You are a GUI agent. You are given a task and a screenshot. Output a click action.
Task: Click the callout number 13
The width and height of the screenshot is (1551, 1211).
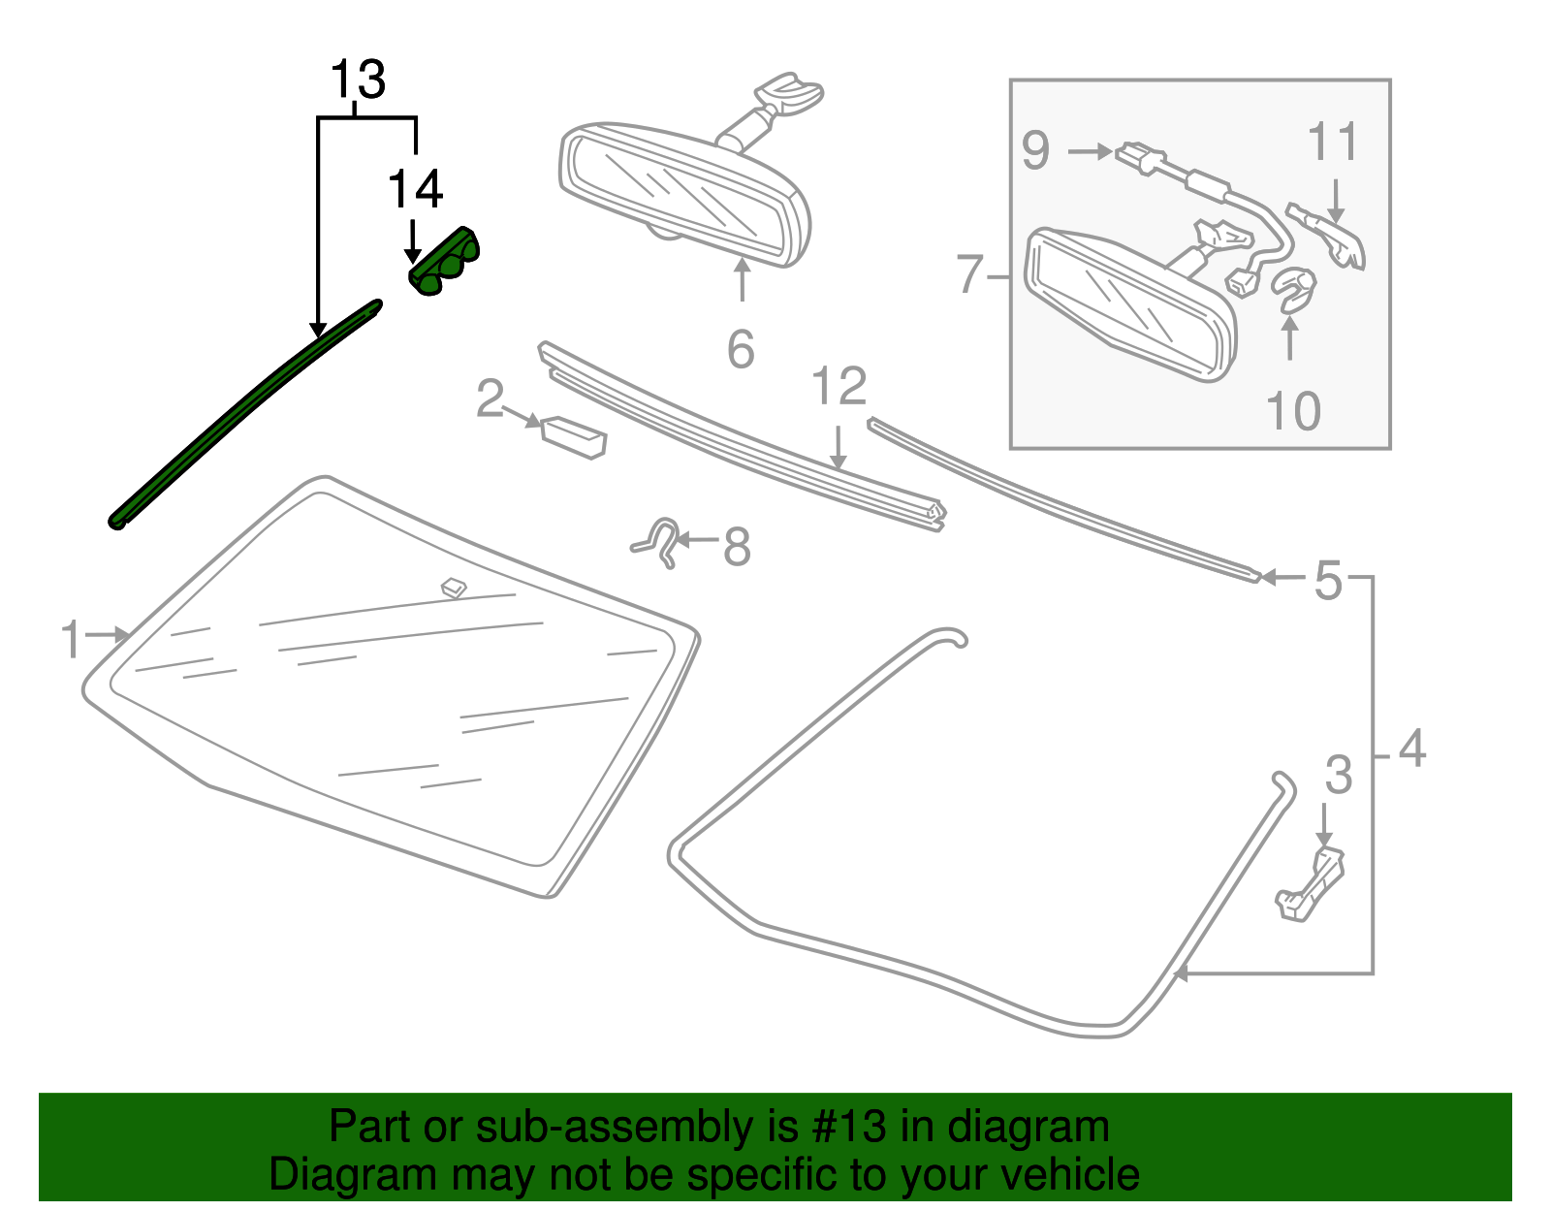click(x=358, y=80)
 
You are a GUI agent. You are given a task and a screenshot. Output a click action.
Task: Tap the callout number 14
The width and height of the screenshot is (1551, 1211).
click(x=415, y=189)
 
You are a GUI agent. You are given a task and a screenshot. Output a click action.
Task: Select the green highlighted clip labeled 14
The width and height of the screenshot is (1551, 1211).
click(x=445, y=263)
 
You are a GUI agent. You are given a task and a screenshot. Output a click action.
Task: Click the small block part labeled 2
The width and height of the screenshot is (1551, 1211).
click(x=574, y=436)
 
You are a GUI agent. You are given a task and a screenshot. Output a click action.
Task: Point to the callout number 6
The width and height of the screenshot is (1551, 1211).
click(x=741, y=349)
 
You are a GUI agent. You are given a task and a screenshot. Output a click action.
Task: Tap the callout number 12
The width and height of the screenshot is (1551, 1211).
click(x=839, y=387)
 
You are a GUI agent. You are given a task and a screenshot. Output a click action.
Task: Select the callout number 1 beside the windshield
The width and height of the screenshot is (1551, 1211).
click(x=71, y=640)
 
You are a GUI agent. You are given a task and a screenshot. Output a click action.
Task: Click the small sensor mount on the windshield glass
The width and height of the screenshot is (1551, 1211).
click(x=454, y=588)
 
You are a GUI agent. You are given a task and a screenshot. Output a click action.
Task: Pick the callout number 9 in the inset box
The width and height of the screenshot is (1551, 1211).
click(x=1035, y=151)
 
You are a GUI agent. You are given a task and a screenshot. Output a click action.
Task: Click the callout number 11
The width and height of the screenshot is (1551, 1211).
click(x=1333, y=143)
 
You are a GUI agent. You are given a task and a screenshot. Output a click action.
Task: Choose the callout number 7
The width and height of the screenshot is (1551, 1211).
click(x=970, y=274)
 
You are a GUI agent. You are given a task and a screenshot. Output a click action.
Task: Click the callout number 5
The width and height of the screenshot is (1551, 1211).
click(x=1328, y=581)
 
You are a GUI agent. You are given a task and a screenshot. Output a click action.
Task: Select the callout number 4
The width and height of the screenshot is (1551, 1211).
click(x=1412, y=749)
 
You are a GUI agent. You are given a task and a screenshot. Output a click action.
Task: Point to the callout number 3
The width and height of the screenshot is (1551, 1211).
click(x=1338, y=775)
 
